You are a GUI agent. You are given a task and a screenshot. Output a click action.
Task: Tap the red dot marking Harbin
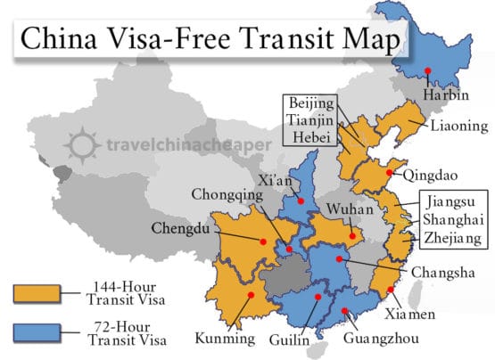[430, 70]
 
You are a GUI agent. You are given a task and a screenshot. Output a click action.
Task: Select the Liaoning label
[458, 126]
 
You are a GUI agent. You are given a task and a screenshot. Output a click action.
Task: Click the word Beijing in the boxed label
[312, 104]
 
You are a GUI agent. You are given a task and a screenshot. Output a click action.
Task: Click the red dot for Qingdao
[391, 172]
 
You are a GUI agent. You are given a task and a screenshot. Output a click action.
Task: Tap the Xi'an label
[276, 179]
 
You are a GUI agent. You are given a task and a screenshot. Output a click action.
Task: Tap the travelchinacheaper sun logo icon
[82, 142]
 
